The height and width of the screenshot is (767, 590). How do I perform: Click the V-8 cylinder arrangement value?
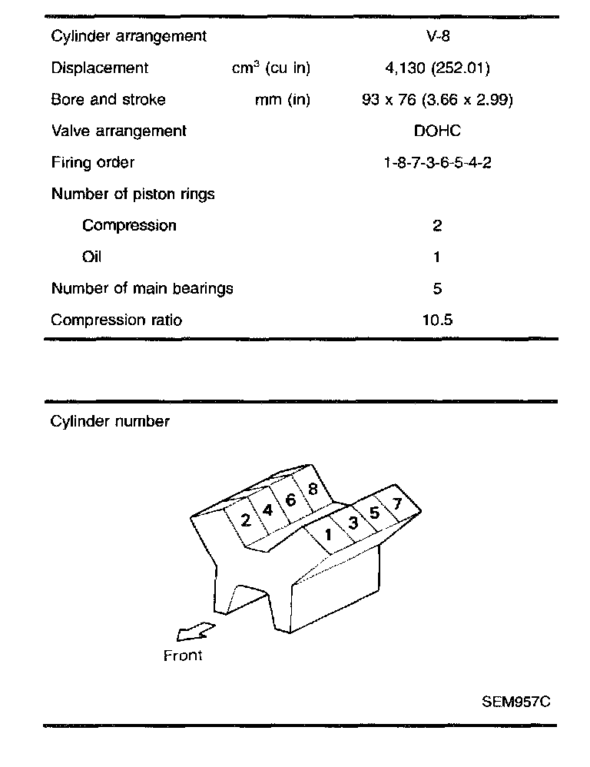click(437, 36)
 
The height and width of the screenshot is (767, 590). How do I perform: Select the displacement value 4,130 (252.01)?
click(437, 68)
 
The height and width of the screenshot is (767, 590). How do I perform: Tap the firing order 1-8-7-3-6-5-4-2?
click(437, 163)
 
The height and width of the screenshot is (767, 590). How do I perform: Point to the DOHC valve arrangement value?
click(437, 131)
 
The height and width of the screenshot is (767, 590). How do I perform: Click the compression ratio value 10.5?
click(437, 320)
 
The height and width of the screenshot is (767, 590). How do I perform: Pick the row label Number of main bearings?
click(142, 289)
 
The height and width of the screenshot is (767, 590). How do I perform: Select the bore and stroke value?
click(437, 100)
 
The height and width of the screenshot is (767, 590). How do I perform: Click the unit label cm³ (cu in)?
click(271, 68)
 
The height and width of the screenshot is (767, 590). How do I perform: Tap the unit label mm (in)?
click(283, 100)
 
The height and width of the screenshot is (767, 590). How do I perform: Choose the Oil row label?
click(91, 257)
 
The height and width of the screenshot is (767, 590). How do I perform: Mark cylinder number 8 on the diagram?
click(313, 489)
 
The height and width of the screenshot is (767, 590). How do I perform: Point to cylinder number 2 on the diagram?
click(246, 520)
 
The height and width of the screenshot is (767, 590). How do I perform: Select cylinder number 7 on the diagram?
click(396, 505)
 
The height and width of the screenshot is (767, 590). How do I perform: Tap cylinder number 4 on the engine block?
click(267, 510)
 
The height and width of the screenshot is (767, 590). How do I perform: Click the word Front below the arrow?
click(183, 656)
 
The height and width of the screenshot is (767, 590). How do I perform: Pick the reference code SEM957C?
click(516, 701)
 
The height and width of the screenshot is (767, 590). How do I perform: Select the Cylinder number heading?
click(110, 421)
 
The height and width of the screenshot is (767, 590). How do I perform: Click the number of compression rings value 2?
click(437, 226)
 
